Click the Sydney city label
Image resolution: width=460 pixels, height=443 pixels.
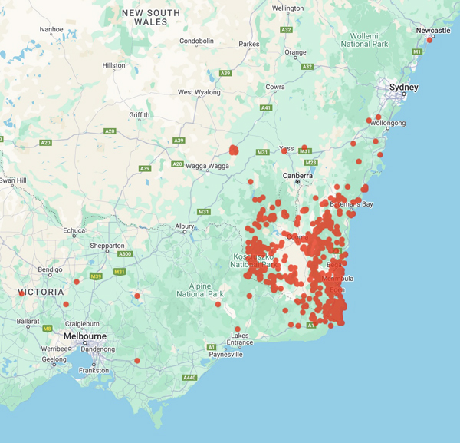tap(403, 88)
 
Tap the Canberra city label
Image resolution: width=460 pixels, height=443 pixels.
tap(297, 176)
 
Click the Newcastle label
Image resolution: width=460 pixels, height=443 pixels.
tap(433, 30)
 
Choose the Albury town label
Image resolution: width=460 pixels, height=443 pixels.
tap(184, 226)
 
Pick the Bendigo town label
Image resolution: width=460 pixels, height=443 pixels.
tap(51, 269)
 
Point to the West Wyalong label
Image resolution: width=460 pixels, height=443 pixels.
tap(199, 92)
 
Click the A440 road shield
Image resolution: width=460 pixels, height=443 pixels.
tap(190, 378)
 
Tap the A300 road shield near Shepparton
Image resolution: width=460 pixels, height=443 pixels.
tap(125, 254)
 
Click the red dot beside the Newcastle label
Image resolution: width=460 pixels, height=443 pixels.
tap(429, 40)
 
